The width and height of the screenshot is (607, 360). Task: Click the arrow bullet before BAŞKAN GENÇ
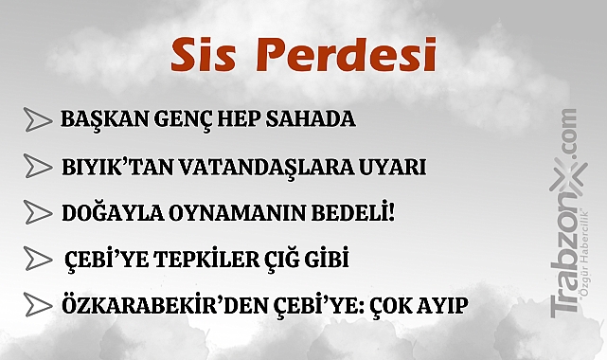click(x=37, y=120)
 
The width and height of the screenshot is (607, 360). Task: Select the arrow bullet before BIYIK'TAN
click(x=37, y=167)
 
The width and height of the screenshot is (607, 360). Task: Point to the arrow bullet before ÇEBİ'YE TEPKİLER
click(x=37, y=259)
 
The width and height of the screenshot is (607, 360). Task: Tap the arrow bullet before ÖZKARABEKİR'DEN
click(x=37, y=305)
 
